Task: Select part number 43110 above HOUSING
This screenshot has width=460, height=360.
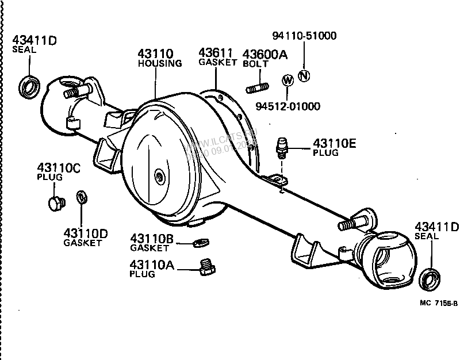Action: coord(155,54)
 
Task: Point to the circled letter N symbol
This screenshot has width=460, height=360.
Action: coord(304,75)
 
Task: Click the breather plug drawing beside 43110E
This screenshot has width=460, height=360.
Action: coord(281,147)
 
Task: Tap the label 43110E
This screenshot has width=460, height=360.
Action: coord(333,143)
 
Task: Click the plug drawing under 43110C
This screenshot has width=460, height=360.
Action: coord(54,203)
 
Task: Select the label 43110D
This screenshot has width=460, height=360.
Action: coord(86,233)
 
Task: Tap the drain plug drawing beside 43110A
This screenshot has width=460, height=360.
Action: coord(206,267)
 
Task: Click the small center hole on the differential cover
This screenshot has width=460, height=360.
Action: coord(158,176)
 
